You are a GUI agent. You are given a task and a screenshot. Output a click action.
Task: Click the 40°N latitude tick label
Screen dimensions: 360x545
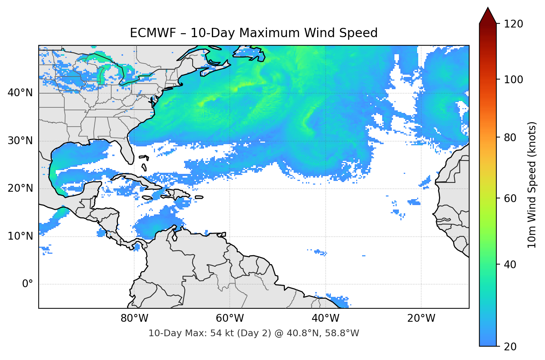pyautogui.click(x=20, y=93)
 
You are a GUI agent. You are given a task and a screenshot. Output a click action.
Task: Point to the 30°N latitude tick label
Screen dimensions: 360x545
pyautogui.click(x=20, y=141)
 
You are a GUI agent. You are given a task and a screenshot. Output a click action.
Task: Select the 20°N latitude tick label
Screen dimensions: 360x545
pyautogui.click(x=20, y=188)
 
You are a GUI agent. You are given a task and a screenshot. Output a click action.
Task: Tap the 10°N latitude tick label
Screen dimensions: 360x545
pyautogui.click(x=20, y=236)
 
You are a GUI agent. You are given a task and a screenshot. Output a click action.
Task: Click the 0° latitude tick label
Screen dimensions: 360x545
pyautogui.click(x=27, y=284)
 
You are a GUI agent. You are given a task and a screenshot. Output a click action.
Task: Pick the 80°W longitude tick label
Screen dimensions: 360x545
pyautogui.click(x=134, y=318)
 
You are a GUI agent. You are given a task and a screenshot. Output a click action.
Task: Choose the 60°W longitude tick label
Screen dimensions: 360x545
pyautogui.click(x=230, y=318)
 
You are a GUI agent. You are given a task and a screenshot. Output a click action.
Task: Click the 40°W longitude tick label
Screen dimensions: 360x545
pyautogui.click(x=325, y=318)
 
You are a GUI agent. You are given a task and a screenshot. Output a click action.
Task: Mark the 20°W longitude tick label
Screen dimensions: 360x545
pyautogui.click(x=421, y=318)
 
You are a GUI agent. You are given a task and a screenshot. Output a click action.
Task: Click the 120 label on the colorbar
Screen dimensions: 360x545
pyautogui.click(x=513, y=24)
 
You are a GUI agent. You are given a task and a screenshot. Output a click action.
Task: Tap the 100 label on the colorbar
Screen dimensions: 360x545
pyautogui.click(x=513, y=80)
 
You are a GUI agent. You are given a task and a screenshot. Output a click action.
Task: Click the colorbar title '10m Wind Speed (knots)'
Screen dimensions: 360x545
pyautogui.click(x=532, y=185)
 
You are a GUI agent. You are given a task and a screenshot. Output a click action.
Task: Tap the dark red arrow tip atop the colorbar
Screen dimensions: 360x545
pyautogui.click(x=488, y=15)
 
